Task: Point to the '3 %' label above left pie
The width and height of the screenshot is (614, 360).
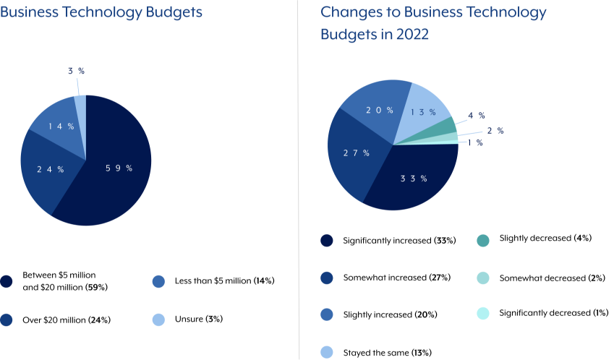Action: click(x=76, y=71)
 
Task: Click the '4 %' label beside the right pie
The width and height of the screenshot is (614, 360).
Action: click(x=476, y=116)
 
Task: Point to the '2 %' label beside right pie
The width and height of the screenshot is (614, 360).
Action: click(x=495, y=131)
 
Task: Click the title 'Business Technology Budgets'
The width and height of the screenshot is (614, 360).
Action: click(x=101, y=12)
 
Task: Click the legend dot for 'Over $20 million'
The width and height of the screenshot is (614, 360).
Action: click(x=7, y=319)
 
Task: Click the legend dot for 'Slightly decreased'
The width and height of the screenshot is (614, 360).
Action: click(x=483, y=240)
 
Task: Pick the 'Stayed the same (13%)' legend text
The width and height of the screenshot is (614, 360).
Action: click(x=387, y=353)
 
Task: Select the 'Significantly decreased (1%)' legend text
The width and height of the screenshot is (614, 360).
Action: click(x=553, y=313)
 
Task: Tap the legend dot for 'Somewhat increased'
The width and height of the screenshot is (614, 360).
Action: click(x=327, y=278)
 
